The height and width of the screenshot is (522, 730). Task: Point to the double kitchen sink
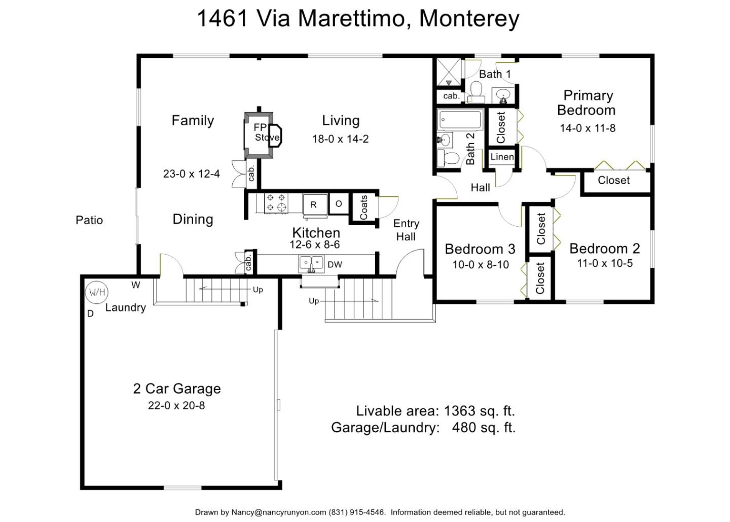coord(311,263)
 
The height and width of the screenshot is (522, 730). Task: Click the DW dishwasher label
coord(335,264)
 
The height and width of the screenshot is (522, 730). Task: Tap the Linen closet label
coord(502,157)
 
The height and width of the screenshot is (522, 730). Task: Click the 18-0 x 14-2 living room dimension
coord(340,138)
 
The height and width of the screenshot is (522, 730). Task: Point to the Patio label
coord(89,220)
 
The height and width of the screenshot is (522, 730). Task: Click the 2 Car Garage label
coord(177,389)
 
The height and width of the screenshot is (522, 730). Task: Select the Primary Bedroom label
coord(587,102)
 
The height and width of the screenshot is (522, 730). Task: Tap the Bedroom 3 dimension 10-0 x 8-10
coord(481,264)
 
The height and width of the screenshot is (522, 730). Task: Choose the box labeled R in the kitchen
coord(314,204)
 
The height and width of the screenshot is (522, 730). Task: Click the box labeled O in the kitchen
coord(339,203)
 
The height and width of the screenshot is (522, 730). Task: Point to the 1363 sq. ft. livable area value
coord(479,410)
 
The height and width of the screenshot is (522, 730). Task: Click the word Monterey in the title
coord(469,19)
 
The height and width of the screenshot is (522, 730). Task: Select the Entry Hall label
coord(406,230)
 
